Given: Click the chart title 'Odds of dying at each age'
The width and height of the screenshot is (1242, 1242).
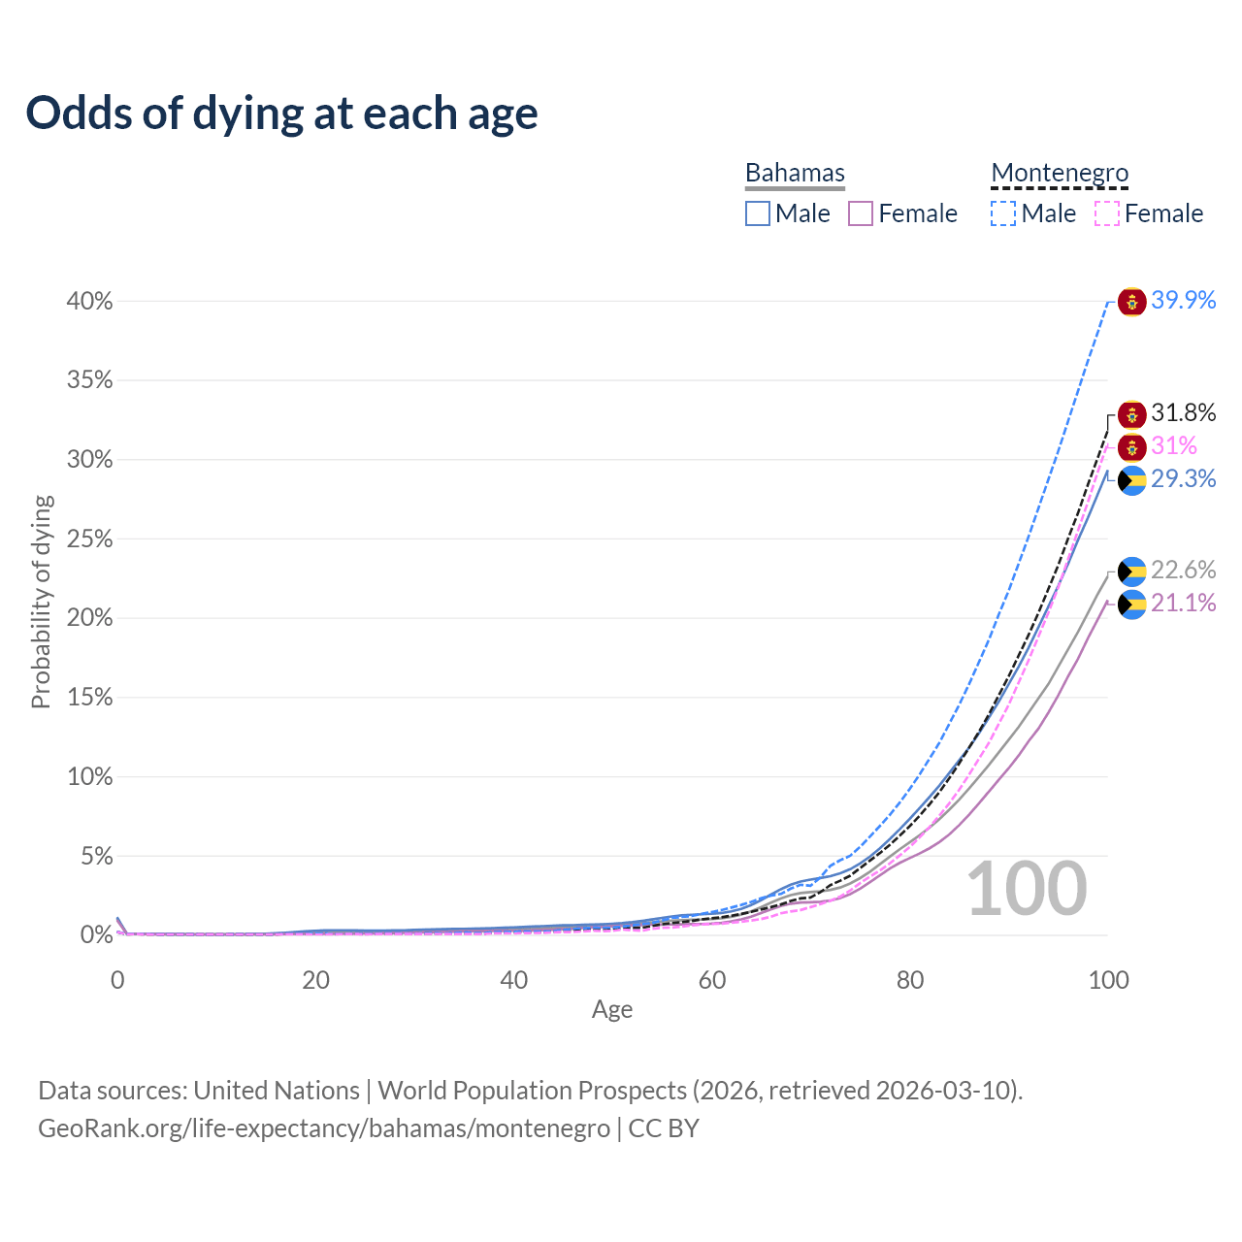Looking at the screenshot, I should tap(281, 114).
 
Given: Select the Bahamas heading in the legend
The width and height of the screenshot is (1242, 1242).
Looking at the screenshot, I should tap(795, 173).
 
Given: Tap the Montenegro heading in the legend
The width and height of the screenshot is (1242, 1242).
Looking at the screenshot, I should tap(1060, 173).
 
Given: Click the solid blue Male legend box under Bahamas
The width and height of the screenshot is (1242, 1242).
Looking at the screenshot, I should tap(758, 213).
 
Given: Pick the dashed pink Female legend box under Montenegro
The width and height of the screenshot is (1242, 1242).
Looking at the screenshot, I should tap(1107, 213).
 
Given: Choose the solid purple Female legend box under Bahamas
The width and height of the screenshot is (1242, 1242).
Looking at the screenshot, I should tap(861, 213).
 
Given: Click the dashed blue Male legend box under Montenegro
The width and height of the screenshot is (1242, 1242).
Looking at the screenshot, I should tap(1003, 213).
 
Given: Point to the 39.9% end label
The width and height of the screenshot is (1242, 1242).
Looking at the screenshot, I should tap(1183, 301).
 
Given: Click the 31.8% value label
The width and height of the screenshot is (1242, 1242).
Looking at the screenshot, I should tap(1183, 413).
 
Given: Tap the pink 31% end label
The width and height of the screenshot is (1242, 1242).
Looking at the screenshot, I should tap(1174, 446).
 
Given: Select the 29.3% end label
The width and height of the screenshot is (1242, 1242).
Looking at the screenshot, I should tap(1183, 478).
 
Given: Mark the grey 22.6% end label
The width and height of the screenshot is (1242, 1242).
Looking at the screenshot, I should tap(1183, 570).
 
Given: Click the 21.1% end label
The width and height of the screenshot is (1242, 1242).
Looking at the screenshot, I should tap(1183, 604).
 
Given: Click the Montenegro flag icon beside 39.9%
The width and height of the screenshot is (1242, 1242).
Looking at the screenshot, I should tap(1132, 302).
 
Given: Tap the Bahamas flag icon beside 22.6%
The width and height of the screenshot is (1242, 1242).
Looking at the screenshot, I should tap(1132, 572).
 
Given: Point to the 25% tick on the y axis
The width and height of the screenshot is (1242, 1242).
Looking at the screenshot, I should tap(89, 539).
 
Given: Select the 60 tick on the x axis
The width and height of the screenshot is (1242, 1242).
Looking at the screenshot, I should tap(712, 980).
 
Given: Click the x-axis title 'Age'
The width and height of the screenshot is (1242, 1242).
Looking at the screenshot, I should tap(612, 1010).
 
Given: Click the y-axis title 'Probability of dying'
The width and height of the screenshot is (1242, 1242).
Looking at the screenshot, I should tap(41, 602).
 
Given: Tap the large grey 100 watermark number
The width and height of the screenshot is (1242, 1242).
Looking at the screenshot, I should tap(1027, 889).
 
